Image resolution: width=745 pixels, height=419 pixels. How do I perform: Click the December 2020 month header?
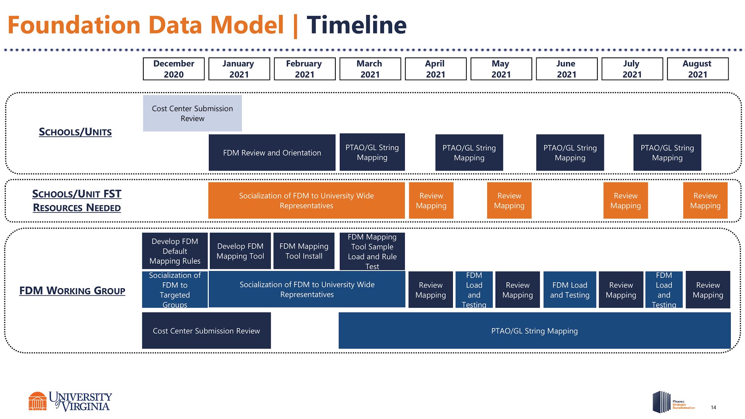coord(174,69)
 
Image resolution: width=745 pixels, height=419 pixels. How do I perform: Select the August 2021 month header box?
coord(697,69)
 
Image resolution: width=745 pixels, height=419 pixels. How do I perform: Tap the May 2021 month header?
coord(501,69)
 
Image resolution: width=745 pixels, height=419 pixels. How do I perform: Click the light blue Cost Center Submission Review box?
coord(192,113)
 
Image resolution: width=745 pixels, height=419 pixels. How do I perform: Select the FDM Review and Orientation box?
coord(272,152)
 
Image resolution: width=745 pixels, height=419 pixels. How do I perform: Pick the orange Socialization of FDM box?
coord(306,200)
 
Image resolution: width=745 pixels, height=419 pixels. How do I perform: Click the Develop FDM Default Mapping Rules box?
coord(175,251)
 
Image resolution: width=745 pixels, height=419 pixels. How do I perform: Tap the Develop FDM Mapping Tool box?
coord(240,251)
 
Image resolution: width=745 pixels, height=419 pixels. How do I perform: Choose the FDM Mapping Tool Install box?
coord(304,251)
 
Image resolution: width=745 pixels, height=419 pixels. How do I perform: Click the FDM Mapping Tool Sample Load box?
coord(372,251)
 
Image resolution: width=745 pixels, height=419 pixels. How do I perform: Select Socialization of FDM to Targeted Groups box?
coord(175,290)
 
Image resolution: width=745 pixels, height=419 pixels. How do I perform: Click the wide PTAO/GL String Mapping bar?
coord(534,331)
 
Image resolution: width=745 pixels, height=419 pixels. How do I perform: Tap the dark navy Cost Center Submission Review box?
coord(206,331)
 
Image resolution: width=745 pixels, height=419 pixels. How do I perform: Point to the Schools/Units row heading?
coord(75,132)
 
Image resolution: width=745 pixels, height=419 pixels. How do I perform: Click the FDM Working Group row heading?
coord(72,291)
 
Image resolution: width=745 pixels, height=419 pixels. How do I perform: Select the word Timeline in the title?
coord(356,25)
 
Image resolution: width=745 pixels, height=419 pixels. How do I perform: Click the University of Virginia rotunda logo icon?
coord(37,401)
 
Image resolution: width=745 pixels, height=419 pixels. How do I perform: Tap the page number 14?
coord(713,407)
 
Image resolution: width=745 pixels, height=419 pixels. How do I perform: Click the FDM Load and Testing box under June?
coord(569,290)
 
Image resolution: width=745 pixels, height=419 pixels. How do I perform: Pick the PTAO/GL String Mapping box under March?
coord(372,152)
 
